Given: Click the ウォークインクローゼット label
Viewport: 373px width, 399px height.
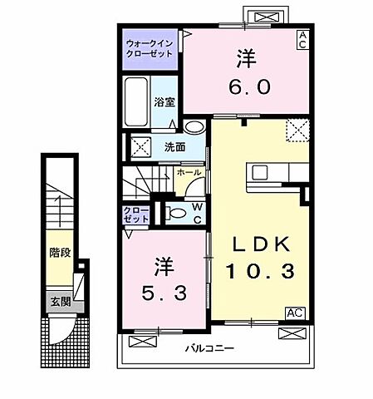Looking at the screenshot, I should [x=150, y=47].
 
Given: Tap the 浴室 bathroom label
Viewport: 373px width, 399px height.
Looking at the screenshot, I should [x=164, y=103].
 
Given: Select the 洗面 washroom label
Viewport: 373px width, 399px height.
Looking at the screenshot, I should [x=174, y=148].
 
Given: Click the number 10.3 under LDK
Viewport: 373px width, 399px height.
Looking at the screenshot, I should [x=259, y=271].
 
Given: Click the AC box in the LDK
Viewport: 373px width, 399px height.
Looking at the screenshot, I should [x=293, y=313].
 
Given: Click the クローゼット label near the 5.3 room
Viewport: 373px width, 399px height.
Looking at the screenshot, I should [x=136, y=214].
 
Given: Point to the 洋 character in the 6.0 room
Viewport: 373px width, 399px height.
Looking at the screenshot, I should [x=244, y=58].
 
